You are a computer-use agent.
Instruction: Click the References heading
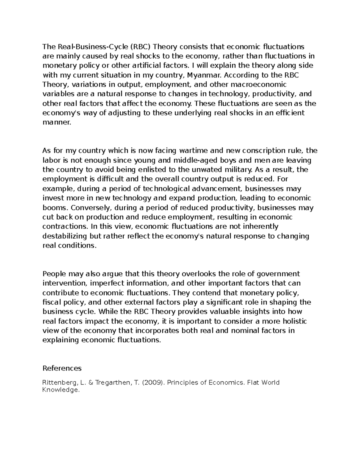62,368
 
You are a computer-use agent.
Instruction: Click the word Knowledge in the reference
61,390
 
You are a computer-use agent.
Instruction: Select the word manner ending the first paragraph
57,122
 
